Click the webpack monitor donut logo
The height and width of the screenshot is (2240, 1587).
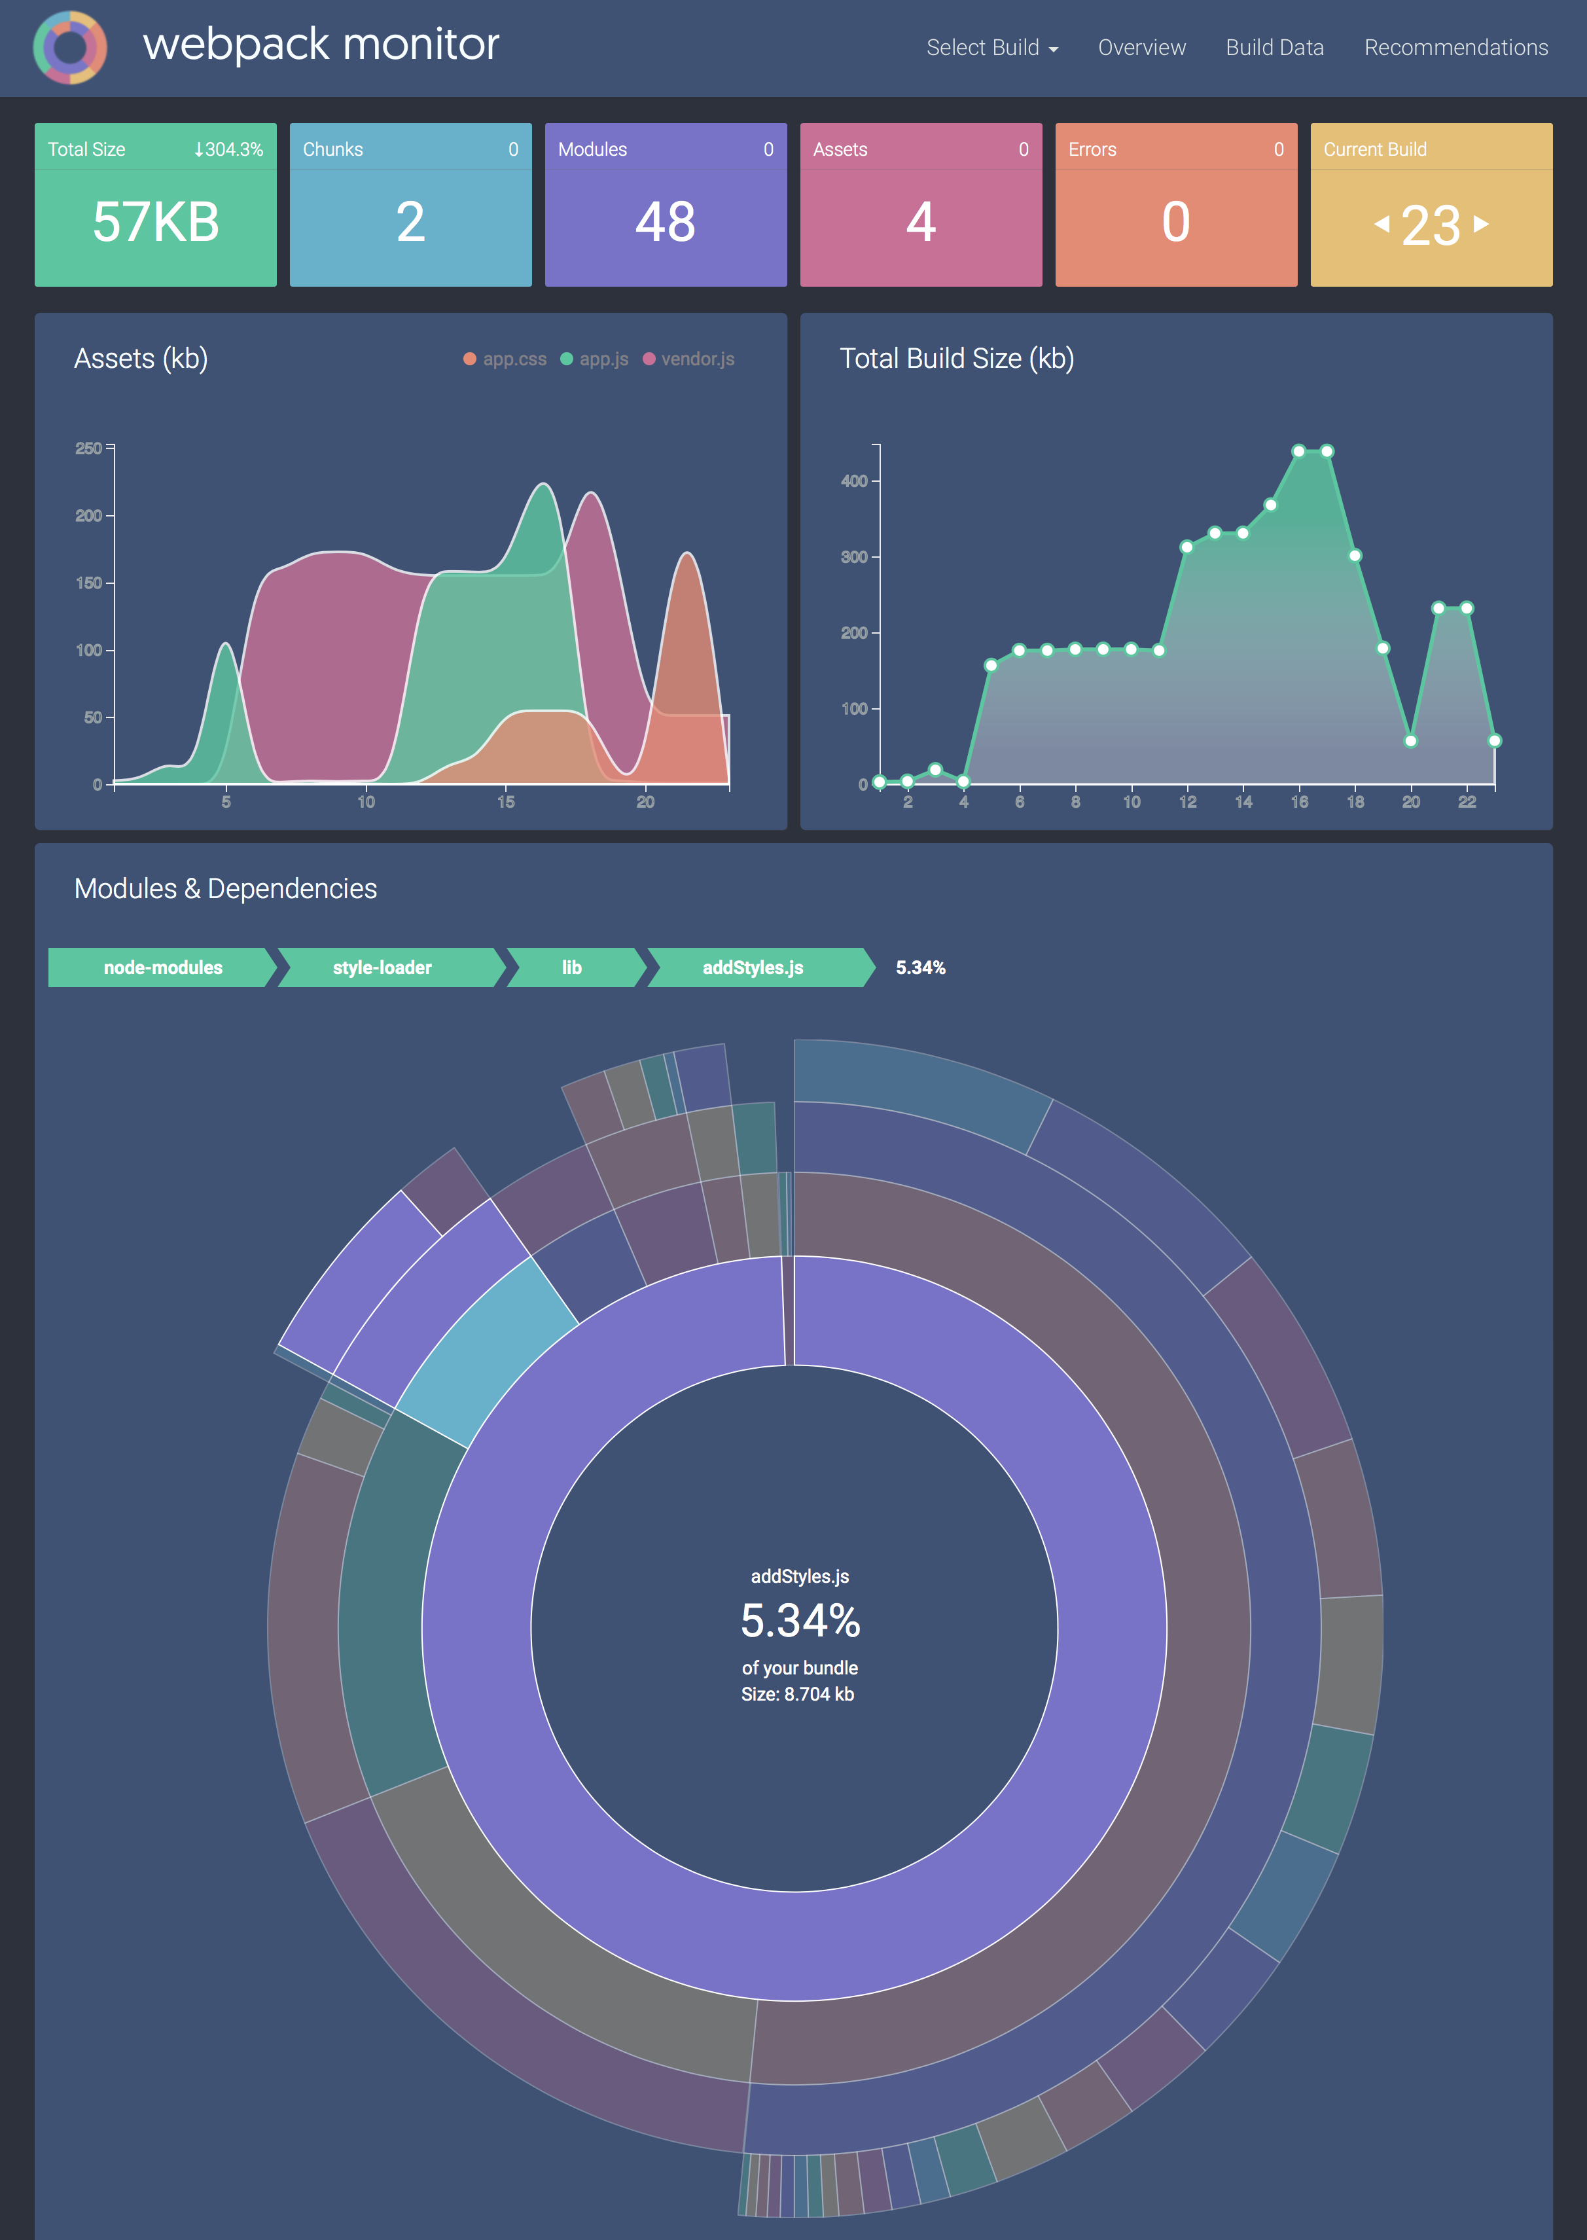coord(69,47)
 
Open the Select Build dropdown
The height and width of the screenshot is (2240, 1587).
coord(991,48)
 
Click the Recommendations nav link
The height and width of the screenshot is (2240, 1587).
coord(1455,48)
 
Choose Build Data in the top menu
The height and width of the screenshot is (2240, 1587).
coord(1274,48)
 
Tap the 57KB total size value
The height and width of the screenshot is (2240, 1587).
coord(155,222)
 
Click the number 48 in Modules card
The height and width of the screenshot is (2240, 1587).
coord(666,222)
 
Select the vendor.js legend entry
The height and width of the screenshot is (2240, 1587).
coord(689,359)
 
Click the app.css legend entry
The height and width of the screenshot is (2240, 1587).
coord(505,359)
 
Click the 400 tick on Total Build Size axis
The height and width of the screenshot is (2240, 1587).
coord(854,481)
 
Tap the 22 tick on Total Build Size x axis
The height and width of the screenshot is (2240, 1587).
coord(1467,801)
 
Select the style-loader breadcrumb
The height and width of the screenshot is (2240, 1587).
coord(382,967)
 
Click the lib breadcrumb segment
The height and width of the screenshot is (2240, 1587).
coord(572,967)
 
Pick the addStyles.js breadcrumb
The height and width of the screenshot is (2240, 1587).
coord(753,967)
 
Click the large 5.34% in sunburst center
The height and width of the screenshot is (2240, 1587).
coord(799,1620)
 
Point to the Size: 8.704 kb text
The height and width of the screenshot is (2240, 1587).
coord(797,1693)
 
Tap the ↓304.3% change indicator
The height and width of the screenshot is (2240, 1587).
coord(228,149)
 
